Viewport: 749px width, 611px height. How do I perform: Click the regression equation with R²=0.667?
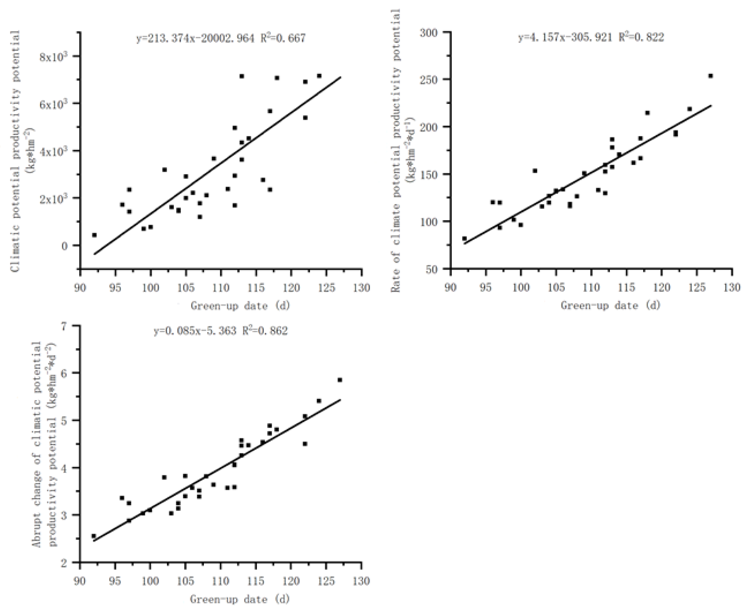221,38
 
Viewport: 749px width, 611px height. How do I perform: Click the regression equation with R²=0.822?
591,37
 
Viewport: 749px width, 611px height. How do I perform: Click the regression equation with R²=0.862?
221,331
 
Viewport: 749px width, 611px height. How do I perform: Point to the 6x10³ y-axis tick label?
54,104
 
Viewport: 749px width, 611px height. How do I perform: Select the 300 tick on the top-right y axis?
429,33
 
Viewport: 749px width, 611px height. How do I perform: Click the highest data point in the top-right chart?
710,76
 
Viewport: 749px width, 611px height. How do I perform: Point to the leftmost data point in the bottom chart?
94,536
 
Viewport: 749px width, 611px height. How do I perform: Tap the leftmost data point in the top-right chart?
464,239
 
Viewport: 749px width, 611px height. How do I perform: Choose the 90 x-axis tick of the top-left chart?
80,288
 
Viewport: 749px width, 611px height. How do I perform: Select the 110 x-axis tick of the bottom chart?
221,581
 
